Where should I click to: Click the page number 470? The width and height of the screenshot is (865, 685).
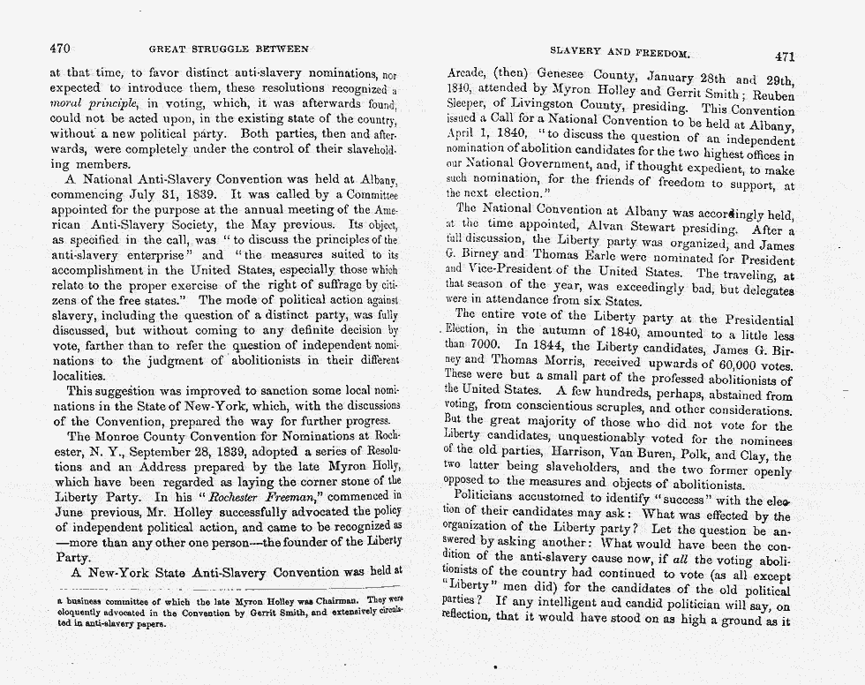click(x=59, y=49)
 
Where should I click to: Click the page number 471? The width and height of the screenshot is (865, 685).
click(x=785, y=56)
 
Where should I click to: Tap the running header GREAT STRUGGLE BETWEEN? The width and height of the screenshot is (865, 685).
click(x=229, y=49)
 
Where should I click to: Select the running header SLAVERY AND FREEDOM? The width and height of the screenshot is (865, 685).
click(x=620, y=52)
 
